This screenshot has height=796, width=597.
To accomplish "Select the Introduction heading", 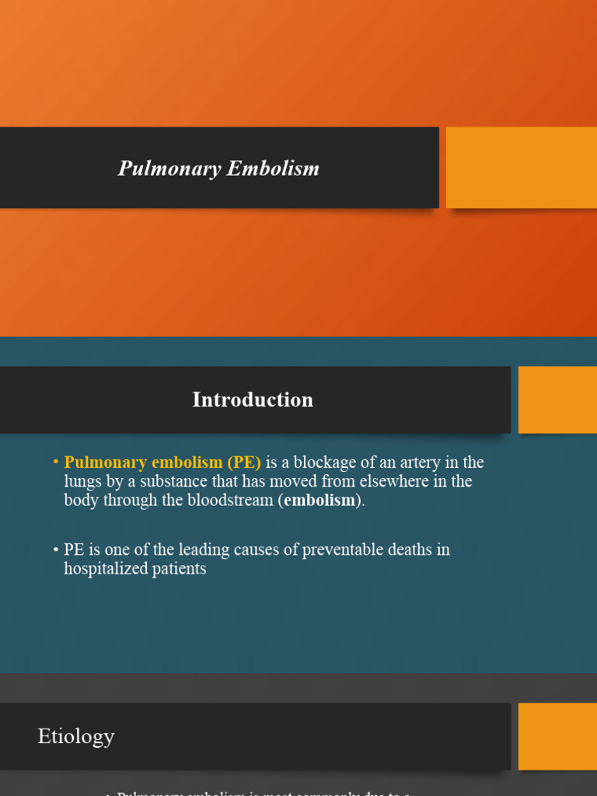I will (x=253, y=400).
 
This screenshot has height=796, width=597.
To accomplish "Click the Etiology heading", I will (x=76, y=736).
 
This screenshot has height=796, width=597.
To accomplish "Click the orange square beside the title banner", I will (x=521, y=167).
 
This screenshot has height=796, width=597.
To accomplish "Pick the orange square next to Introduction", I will (x=557, y=400).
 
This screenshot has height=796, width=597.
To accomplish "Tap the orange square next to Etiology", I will (x=557, y=736).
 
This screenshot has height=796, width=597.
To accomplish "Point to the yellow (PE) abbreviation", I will (x=244, y=463).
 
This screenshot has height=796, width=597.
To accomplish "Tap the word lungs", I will (x=82, y=481).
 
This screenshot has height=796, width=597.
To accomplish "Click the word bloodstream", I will (x=231, y=500).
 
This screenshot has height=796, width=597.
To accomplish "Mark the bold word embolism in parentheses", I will (x=319, y=500).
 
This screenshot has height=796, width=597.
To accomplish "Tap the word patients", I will (x=181, y=568).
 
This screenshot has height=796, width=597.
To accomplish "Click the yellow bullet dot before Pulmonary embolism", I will (x=56, y=463).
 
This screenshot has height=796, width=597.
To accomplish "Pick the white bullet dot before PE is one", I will (x=56, y=550).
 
